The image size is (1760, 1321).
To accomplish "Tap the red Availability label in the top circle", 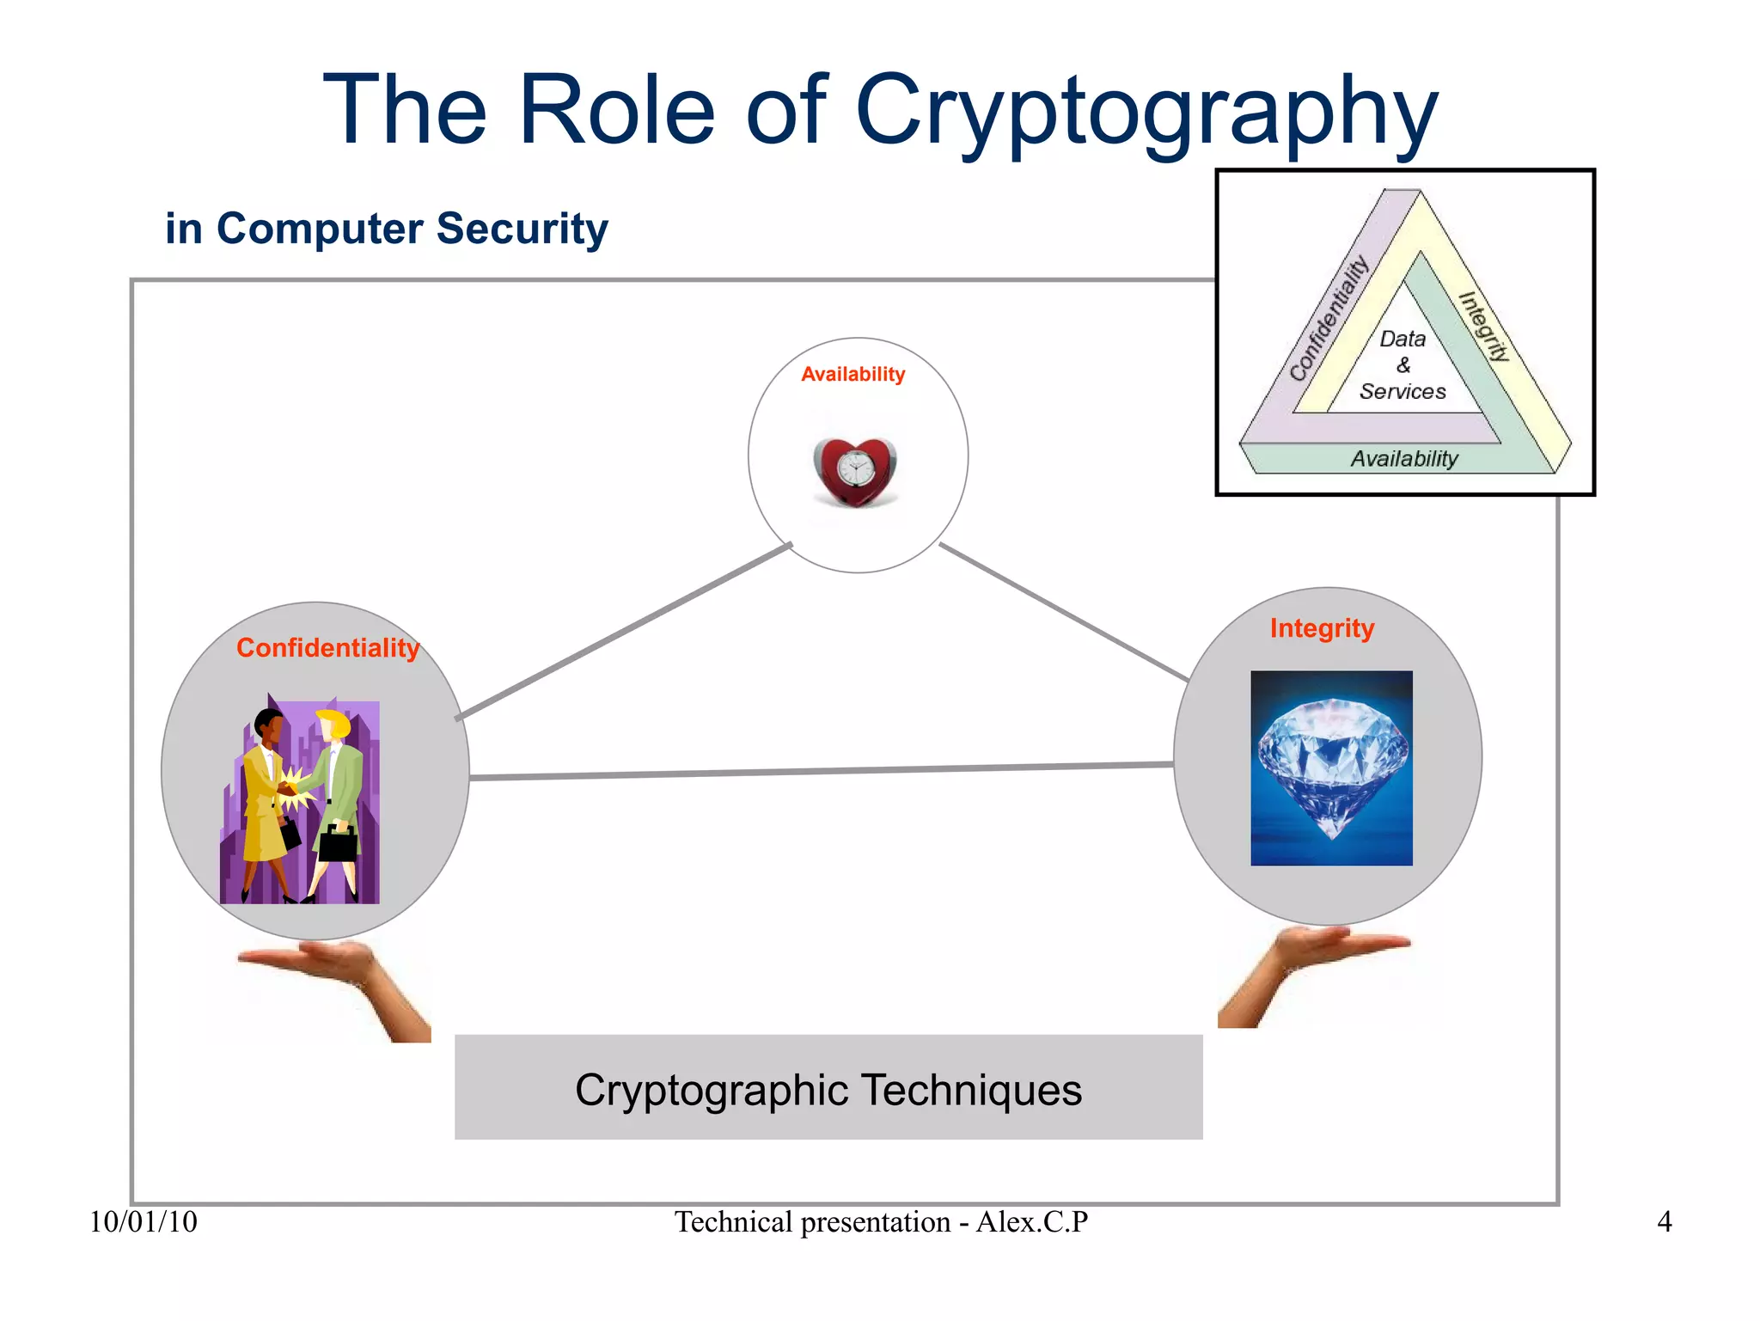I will pyautogui.click(x=852, y=375).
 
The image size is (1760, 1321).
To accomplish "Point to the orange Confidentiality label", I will pyautogui.click(x=327, y=648).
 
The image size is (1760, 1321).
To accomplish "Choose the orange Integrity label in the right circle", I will pyautogui.click(x=1322, y=628).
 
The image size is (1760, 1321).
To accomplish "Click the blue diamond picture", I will pyautogui.click(x=1331, y=768).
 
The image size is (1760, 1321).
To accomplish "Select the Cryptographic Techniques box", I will pyautogui.click(x=828, y=1087).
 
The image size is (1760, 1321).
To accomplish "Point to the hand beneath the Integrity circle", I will pyautogui.click(x=1306, y=967).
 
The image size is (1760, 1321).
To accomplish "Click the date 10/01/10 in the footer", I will pyautogui.click(x=144, y=1222).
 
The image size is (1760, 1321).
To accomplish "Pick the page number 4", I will pyautogui.click(x=1665, y=1222).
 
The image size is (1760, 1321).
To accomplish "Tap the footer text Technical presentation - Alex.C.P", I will pyautogui.click(x=881, y=1222).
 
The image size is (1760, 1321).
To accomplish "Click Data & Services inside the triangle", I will pyautogui.click(x=1402, y=365).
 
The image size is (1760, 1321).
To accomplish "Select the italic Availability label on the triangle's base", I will pyautogui.click(x=1404, y=459).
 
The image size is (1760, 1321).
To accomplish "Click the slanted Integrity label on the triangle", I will pyautogui.click(x=1484, y=327).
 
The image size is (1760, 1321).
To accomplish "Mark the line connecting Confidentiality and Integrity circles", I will pyautogui.click(x=821, y=771).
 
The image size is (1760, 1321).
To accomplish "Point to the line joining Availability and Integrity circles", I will pyautogui.click(x=1064, y=612).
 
